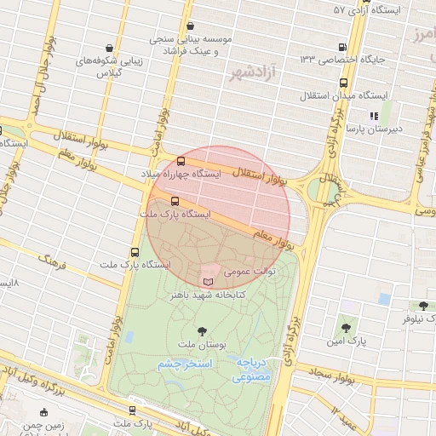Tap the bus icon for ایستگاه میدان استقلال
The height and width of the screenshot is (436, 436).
(343, 83)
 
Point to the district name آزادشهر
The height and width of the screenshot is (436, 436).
(254, 74)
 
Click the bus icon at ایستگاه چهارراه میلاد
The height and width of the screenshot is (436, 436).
(181, 161)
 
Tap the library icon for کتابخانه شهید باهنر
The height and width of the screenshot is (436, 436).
(209, 280)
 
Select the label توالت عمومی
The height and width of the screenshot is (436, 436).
(251, 272)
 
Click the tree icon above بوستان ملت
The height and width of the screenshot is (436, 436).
(201, 330)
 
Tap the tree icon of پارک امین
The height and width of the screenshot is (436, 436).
(346, 327)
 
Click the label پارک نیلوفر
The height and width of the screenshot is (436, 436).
(416, 318)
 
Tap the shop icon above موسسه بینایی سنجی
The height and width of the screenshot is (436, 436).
(189, 26)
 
